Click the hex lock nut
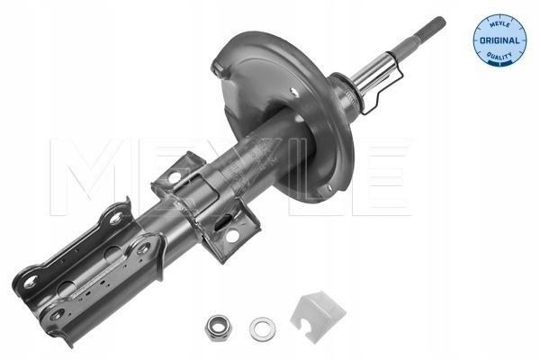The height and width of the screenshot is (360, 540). click(218, 328)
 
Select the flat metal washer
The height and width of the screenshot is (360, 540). click(263, 329)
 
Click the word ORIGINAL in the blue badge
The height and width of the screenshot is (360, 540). click(499, 40)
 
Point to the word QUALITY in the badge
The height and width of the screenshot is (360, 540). click(499, 56)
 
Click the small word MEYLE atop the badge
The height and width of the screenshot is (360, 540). click(499, 23)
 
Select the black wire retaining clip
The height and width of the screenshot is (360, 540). click(383, 85)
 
